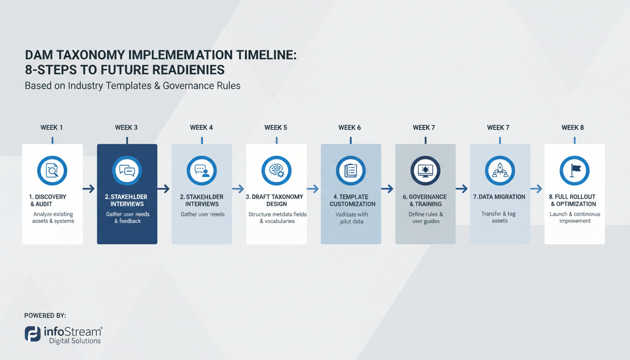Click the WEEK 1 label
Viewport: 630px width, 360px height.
tap(52, 127)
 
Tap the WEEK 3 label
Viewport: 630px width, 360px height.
tap(127, 127)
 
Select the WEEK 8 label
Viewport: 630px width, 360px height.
tap(572, 127)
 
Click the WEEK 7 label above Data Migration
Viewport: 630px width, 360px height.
tap(498, 127)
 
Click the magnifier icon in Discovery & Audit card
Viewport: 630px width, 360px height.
tap(52, 171)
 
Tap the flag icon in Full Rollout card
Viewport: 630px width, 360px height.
tap(575, 171)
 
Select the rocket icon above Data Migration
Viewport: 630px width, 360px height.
tap(500, 171)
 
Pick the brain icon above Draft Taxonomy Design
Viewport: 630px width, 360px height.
tap(276, 171)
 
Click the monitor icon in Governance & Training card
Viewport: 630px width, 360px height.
tap(425, 171)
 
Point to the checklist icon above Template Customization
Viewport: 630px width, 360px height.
tap(351, 171)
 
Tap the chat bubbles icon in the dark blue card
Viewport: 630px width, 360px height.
tap(127, 171)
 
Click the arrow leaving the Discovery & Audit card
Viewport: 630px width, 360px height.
tap(89, 189)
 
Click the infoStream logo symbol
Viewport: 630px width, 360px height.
tap(32, 334)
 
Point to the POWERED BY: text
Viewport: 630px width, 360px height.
tap(45, 316)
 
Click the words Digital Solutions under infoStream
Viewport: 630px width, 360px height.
tap(75, 341)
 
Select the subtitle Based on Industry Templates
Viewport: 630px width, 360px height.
tap(133, 86)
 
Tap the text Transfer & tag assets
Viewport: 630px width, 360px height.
tap(499, 217)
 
